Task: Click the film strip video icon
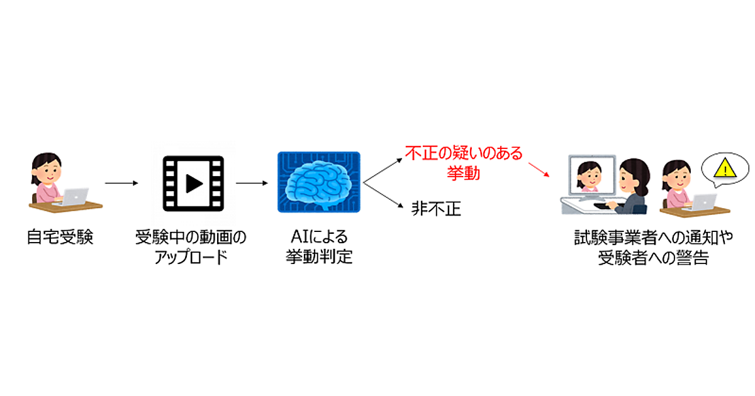pos(193,183)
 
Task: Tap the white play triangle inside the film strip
pos(193,183)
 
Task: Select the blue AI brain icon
pos(318,182)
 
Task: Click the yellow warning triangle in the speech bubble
pos(724,168)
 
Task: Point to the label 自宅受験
pos(60,238)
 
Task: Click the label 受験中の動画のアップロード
pos(191,247)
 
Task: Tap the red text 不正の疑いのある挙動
pos(464,162)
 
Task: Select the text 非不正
pos(436,209)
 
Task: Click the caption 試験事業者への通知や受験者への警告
pos(653,247)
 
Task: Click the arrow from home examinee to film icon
pos(121,183)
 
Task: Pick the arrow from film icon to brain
pos(250,183)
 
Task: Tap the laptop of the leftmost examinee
pos(74,195)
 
